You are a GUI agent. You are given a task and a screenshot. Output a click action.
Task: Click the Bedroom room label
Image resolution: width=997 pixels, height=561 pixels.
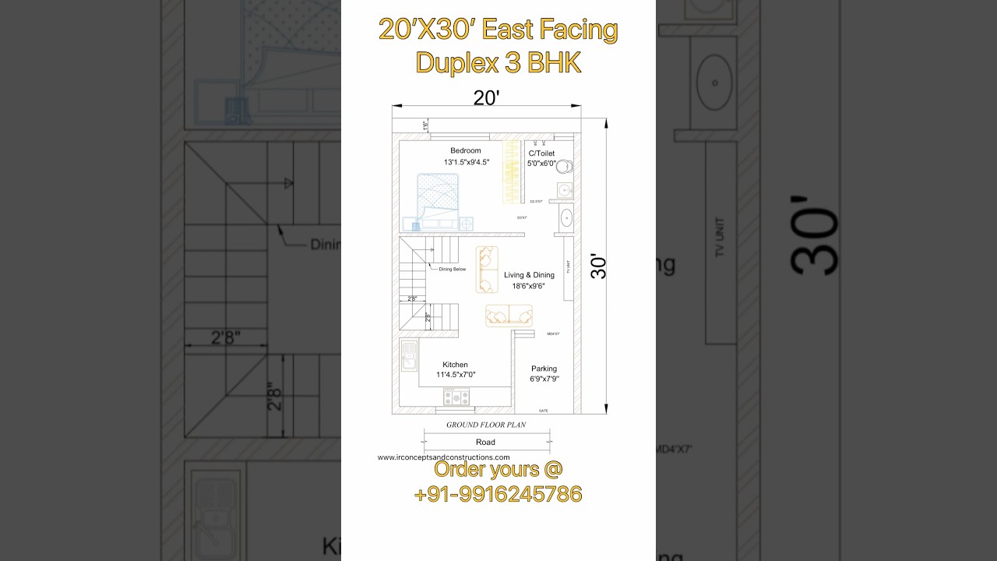click(466, 150)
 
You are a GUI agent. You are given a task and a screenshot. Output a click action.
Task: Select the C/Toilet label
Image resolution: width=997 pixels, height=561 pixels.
click(541, 153)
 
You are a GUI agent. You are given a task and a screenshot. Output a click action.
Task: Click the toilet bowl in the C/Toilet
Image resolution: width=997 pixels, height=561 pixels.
click(564, 166)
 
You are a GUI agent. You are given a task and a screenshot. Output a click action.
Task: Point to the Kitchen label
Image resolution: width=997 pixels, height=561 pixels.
click(456, 365)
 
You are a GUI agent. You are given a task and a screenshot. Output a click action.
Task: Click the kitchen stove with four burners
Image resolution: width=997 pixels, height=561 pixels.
click(456, 397)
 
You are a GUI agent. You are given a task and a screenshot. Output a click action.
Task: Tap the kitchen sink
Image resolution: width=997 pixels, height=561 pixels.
click(409, 357)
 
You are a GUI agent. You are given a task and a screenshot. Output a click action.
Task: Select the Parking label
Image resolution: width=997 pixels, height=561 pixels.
click(544, 369)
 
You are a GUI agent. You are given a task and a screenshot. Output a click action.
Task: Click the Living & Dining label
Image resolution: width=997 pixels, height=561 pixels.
click(529, 275)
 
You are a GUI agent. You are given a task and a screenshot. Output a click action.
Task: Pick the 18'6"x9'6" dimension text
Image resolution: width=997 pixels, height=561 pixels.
click(528, 286)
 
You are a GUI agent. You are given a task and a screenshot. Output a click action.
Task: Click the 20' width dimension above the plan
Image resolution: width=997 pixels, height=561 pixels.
click(486, 97)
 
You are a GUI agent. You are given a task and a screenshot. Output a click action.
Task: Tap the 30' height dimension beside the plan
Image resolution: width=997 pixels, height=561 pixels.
click(599, 266)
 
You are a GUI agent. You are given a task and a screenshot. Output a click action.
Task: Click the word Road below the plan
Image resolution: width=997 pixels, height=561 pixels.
click(485, 442)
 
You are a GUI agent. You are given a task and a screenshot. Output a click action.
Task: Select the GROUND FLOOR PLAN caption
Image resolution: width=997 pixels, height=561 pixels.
click(485, 425)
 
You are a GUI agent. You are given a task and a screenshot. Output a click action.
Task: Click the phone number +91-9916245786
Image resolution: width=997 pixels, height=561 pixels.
click(498, 494)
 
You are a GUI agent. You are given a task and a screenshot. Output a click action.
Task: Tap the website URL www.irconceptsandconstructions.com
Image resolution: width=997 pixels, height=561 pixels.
click(443, 457)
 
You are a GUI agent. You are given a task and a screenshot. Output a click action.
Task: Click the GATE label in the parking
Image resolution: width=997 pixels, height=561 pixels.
click(544, 410)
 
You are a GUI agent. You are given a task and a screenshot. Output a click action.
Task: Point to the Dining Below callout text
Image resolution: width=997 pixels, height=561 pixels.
click(453, 269)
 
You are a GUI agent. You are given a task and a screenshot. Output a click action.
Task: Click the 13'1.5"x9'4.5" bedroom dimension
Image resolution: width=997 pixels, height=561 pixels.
click(467, 162)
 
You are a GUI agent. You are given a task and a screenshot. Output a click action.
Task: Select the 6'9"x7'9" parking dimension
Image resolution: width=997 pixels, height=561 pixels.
click(544, 379)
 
